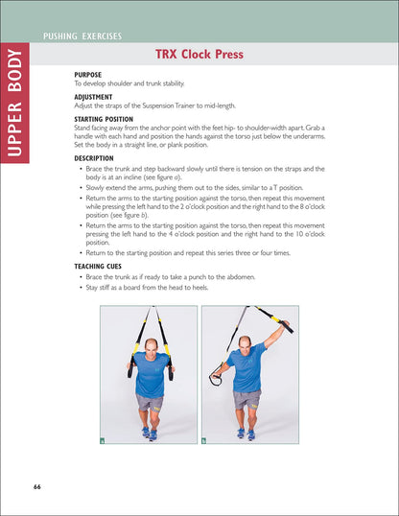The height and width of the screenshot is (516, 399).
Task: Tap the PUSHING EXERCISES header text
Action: [x=82, y=36]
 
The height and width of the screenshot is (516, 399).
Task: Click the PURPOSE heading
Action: [x=88, y=74]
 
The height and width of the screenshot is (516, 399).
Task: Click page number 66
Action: [x=36, y=486]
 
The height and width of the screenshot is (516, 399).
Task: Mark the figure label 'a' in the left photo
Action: [x=104, y=440]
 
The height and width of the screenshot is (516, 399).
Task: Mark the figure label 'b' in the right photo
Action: [x=205, y=440]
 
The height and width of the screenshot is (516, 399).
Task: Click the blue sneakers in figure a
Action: [x=149, y=433]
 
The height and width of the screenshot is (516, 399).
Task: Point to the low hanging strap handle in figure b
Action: [x=215, y=380]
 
